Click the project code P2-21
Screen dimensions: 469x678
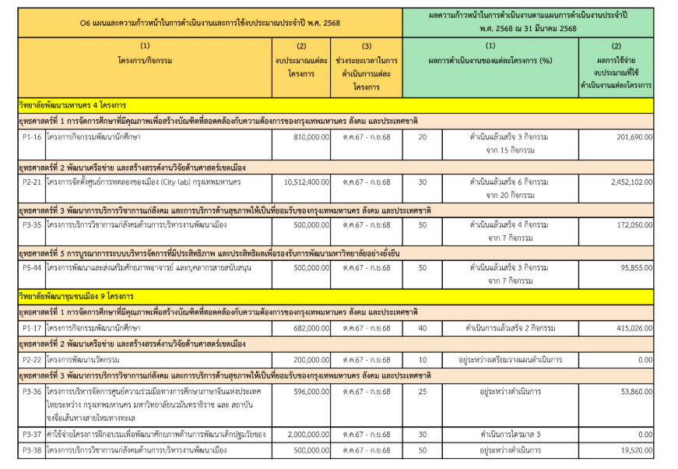[32, 182]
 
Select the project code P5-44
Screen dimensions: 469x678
[32, 268]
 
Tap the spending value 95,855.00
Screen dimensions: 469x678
[631, 268]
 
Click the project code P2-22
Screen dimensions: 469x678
[32, 360]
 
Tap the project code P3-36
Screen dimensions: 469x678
[32, 391]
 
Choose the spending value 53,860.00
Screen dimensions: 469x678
[631, 391]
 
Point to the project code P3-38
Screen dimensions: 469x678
[32, 450]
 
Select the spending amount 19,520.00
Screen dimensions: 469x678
[631, 450]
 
